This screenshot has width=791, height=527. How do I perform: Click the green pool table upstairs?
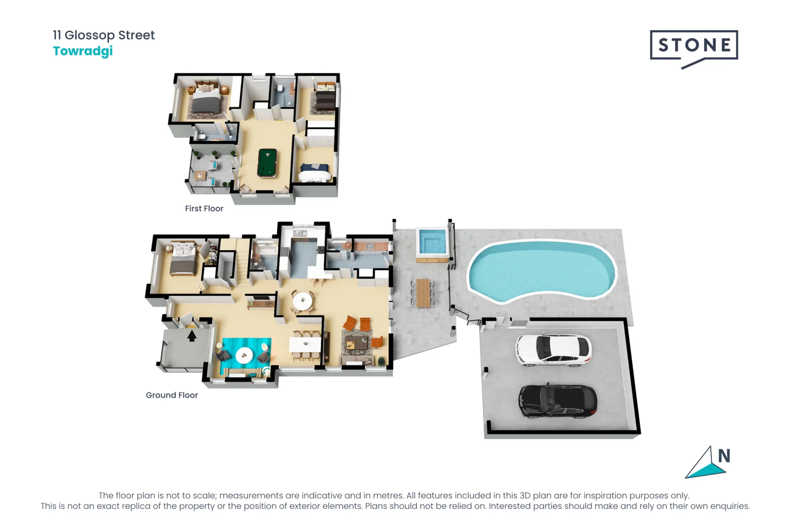click(x=268, y=162)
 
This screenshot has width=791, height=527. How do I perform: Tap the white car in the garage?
click(x=553, y=350)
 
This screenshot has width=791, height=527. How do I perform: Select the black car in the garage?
click(x=558, y=401)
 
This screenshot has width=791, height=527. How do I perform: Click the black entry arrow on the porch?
click(x=192, y=336)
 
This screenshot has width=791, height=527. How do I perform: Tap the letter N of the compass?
click(x=724, y=456)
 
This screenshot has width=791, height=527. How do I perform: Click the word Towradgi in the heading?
click(x=83, y=51)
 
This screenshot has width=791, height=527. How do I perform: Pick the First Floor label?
click(x=204, y=208)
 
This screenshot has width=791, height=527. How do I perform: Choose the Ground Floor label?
click(x=171, y=395)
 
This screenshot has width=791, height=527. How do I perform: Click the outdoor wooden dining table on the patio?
click(x=423, y=293)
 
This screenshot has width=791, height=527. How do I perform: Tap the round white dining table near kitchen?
click(x=302, y=302)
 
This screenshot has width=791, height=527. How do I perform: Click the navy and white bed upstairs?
click(x=315, y=173)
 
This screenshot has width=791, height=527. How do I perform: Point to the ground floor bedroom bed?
click(x=183, y=259)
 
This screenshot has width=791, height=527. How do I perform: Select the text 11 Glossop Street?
click(x=104, y=35)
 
